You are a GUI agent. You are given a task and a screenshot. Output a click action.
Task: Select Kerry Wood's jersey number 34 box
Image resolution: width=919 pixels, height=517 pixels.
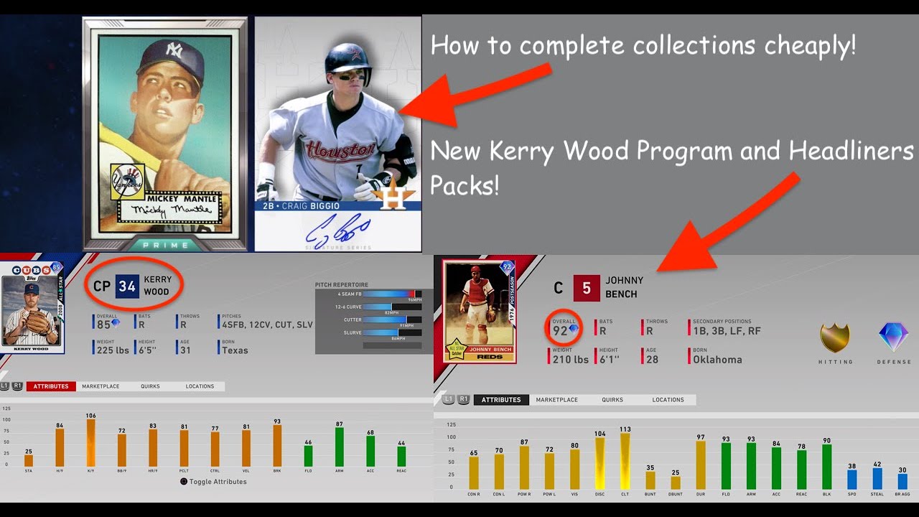click(x=127, y=286)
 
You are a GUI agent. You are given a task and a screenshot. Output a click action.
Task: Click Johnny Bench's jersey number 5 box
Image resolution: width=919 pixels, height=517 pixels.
click(x=587, y=288)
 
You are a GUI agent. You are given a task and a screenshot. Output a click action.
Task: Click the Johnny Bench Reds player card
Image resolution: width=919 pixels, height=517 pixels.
click(x=479, y=311)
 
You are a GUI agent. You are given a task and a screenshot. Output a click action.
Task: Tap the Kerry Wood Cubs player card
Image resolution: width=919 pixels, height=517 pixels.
click(x=32, y=308)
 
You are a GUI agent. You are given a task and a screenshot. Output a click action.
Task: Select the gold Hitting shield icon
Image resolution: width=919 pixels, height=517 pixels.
click(x=835, y=337)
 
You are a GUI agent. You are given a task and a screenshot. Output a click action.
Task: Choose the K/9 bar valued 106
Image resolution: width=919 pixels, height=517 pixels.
click(x=90, y=442)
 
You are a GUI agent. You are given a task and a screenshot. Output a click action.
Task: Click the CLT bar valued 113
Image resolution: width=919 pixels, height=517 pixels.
click(x=625, y=461)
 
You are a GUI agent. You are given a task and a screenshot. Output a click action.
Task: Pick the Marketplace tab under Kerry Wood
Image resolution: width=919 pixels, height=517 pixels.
click(x=101, y=386)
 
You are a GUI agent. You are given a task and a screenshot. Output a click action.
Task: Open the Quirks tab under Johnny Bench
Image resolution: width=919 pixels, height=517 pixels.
click(x=612, y=400)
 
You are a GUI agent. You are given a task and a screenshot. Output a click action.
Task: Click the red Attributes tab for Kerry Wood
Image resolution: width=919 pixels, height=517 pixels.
click(x=51, y=386)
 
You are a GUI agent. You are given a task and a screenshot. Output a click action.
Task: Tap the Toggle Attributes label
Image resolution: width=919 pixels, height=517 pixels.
click(x=217, y=482)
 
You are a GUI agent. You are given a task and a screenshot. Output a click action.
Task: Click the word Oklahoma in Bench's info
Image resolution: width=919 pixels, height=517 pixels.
click(x=717, y=359)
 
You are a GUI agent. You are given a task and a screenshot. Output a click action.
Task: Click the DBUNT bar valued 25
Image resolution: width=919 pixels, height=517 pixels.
click(x=675, y=483)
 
